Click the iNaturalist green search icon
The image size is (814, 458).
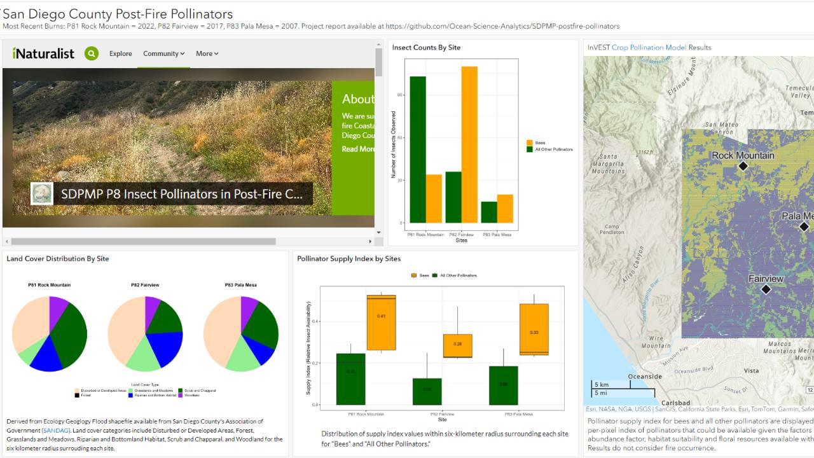coord(92,53)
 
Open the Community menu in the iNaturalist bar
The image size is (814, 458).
coord(163,53)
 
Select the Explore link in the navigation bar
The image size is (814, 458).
coord(120,53)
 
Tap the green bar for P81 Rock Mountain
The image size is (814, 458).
coord(418,149)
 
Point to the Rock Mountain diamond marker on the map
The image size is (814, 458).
coord(743,166)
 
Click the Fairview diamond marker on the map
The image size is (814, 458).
coord(766,289)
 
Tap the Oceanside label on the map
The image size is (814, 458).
coord(645,377)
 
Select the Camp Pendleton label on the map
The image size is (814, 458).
coord(612,229)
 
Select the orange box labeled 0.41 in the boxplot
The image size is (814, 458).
coord(381,323)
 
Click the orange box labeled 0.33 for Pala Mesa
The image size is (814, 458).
coord(534,329)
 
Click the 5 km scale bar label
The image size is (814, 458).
coord(601,385)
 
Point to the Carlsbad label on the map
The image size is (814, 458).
coord(675,403)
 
